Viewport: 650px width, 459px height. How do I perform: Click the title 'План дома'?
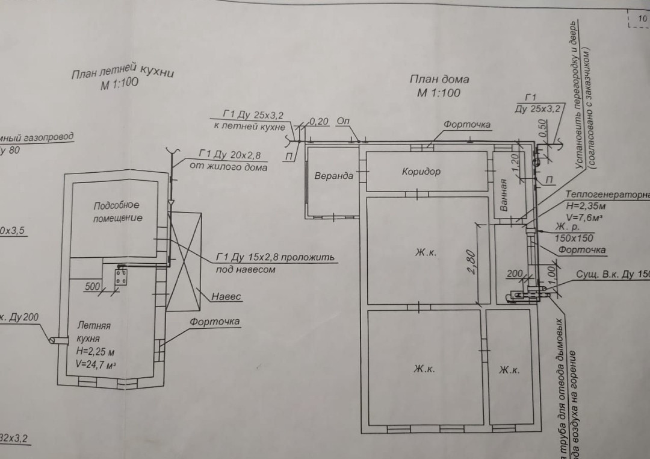click(x=439, y=79)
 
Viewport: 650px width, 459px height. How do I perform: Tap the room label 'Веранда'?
click(x=333, y=176)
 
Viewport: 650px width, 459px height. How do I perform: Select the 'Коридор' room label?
click(x=421, y=172)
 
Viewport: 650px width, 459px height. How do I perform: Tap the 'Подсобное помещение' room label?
click(x=117, y=211)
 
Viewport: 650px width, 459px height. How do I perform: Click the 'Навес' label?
click(x=226, y=297)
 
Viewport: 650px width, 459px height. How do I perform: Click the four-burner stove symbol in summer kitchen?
click(x=122, y=278)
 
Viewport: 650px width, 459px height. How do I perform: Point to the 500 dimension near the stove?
click(x=92, y=287)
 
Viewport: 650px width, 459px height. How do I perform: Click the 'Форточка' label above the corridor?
click(x=467, y=125)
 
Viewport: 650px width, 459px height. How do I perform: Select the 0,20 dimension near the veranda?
click(x=319, y=122)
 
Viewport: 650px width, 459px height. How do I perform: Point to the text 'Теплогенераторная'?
click(x=607, y=195)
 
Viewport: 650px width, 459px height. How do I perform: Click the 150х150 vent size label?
click(x=574, y=238)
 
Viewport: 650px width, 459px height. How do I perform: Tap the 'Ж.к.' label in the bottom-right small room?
click(x=509, y=370)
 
